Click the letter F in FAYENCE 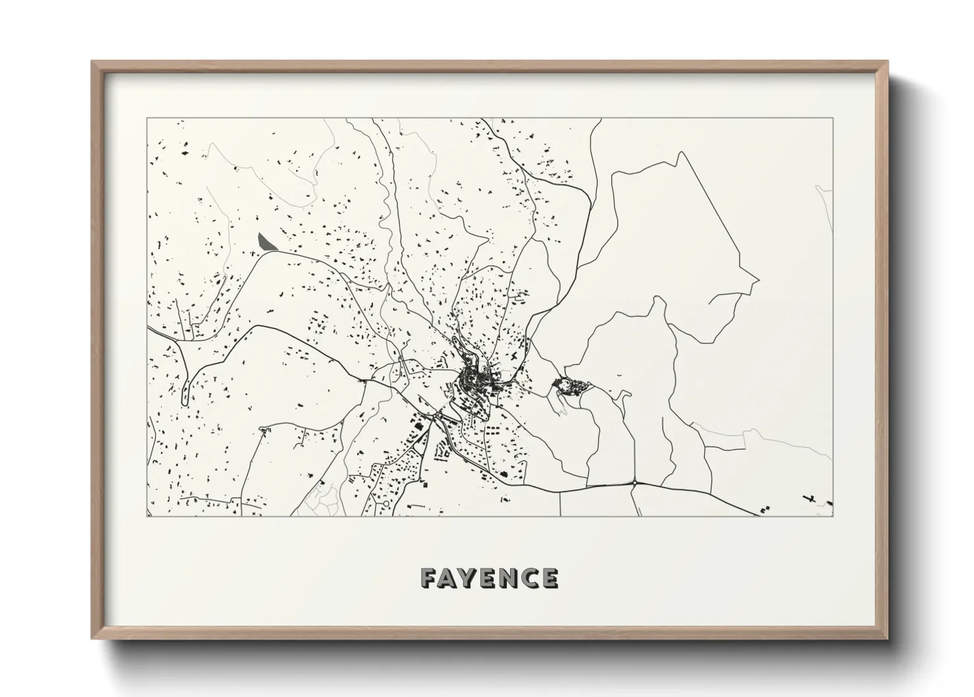(x=429, y=578)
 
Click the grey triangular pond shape (x=265, y=242)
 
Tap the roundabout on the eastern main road (x=634, y=483)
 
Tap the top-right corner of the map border (x=833, y=119)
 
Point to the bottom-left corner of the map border (x=147, y=516)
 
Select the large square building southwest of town (x=419, y=430)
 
